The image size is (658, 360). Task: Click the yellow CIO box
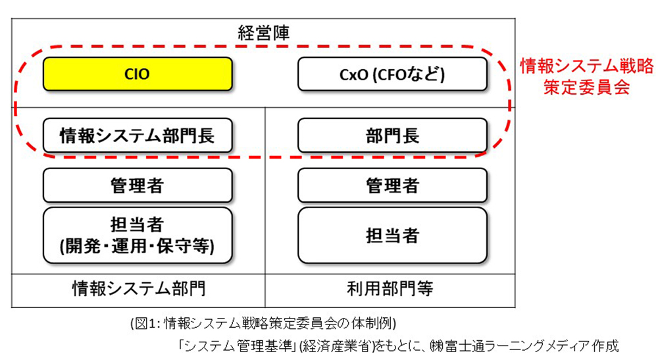tap(137, 74)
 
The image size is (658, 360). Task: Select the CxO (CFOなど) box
tap(392, 74)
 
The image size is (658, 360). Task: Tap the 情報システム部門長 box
tap(137, 136)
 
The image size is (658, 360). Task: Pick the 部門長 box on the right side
tap(392, 136)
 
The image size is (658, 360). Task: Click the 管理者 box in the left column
tap(137, 186)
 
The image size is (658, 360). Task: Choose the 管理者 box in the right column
tap(392, 186)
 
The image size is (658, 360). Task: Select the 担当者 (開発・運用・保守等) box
tap(137, 235)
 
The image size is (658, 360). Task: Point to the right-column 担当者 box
tap(392, 235)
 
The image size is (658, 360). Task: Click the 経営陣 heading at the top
tap(263, 31)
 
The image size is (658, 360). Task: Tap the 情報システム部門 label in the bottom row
tap(138, 288)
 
